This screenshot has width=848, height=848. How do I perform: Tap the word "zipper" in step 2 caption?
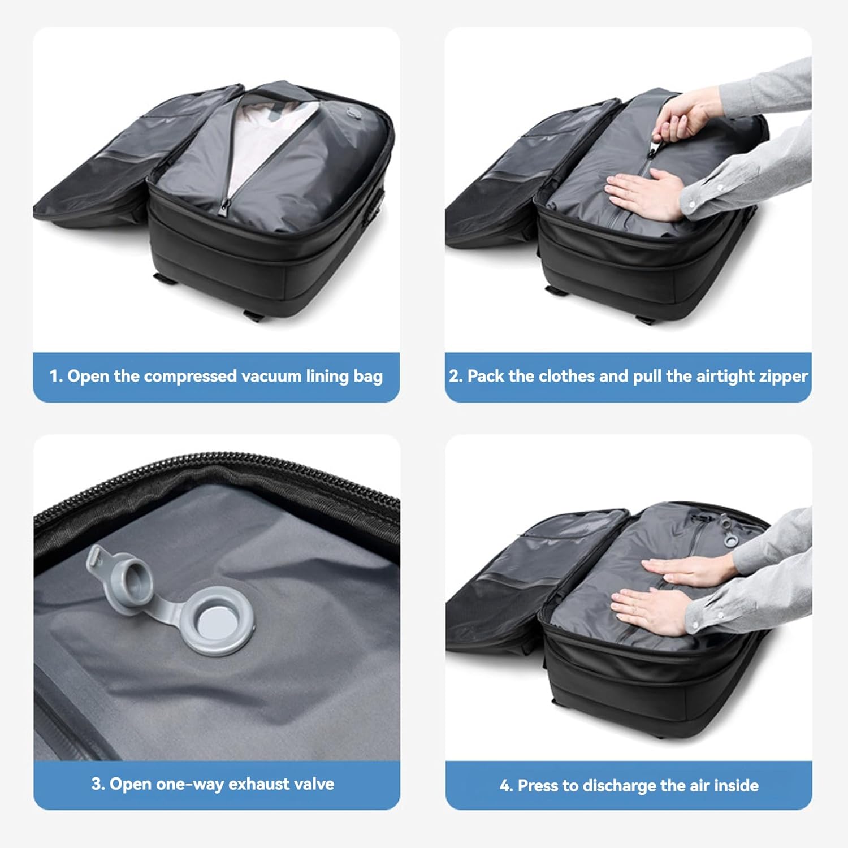782,377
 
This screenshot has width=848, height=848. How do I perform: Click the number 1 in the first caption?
54,376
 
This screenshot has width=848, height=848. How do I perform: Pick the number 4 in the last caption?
505,786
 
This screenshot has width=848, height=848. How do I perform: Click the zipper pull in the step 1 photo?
224,206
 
